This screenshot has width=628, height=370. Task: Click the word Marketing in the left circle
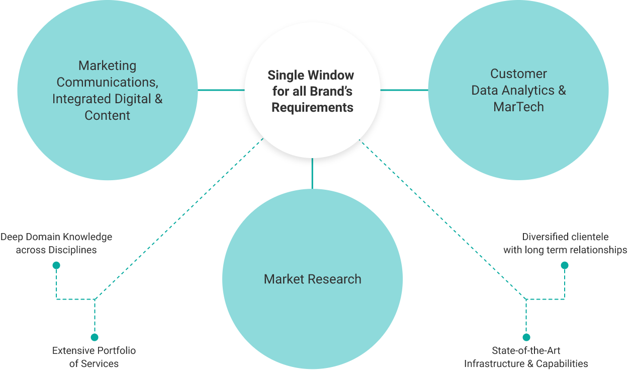[x=107, y=66]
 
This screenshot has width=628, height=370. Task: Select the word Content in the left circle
[x=107, y=115]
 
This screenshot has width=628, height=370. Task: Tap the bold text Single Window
[x=311, y=76]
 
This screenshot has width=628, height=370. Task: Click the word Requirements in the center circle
[x=312, y=108]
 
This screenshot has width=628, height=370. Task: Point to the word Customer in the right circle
[x=518, y=74]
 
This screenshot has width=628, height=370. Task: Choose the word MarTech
[x=518, y=107]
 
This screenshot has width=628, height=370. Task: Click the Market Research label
[x=312, y=279]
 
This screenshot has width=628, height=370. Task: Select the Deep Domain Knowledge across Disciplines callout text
[x=56, y=243]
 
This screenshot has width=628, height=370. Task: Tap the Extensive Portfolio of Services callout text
[x=94, y=357]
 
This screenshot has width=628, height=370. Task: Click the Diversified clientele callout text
[x=565, y=243]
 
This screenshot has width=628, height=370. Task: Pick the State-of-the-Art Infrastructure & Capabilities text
[x=526, y=357]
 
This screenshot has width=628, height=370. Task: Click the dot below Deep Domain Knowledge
[x=56, y=265]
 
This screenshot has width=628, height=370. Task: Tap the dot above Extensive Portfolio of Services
[x=95, y=337]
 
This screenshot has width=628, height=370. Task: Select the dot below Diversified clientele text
[x=565, y=265]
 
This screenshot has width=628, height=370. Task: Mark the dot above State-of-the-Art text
[x=526, y=337]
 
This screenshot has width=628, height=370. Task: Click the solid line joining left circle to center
[x=221, y=90]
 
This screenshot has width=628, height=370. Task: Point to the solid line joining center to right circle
[x=404, y=90]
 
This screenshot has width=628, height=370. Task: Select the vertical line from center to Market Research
[x=312, y=174]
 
